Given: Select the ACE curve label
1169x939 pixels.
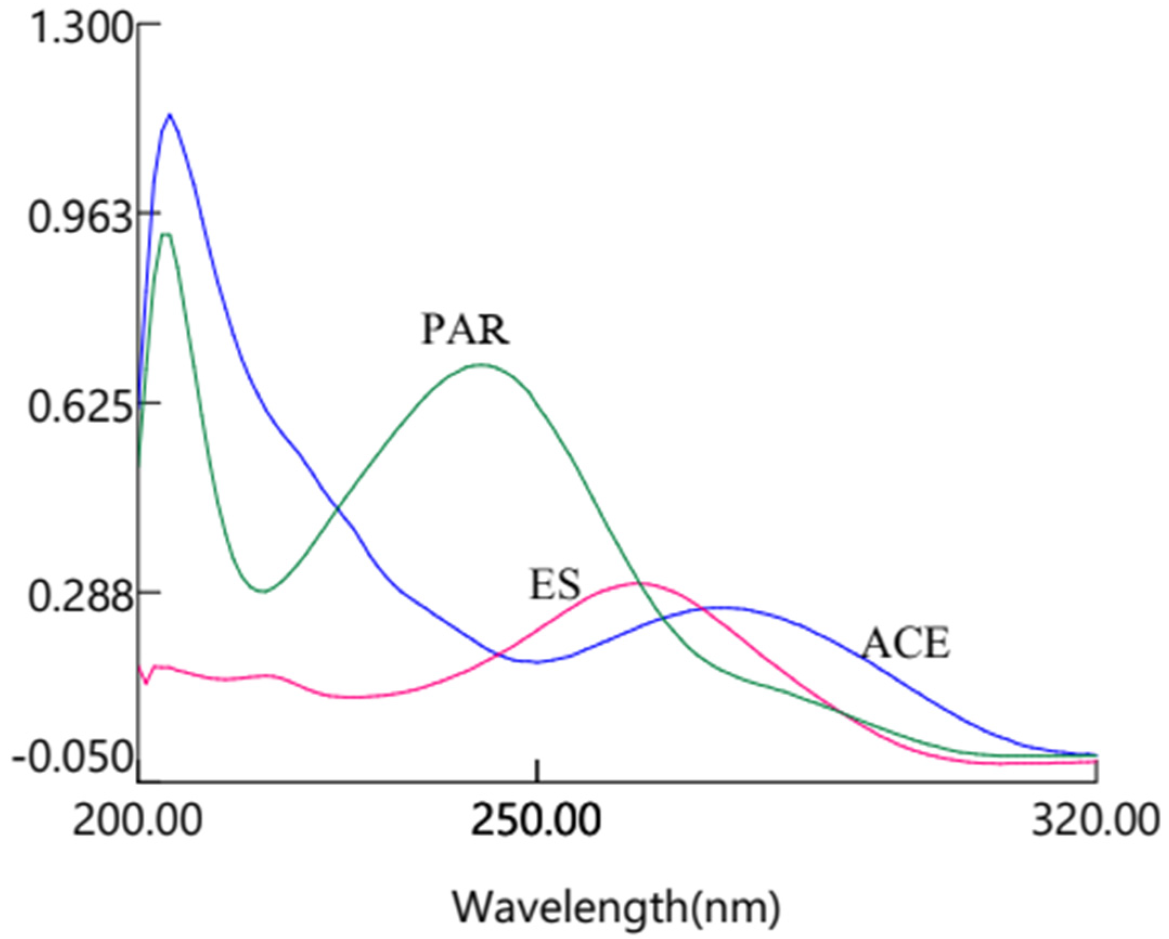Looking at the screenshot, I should point(906,644).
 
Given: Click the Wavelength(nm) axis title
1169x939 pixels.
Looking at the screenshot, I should point(616,905).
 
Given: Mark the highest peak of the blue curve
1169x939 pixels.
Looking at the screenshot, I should point(170,114).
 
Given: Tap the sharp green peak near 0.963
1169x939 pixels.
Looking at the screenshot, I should point(166,234).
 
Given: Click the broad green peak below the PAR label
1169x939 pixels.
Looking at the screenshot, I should point(481,365).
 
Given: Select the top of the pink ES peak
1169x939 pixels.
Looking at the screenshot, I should point(643,583).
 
